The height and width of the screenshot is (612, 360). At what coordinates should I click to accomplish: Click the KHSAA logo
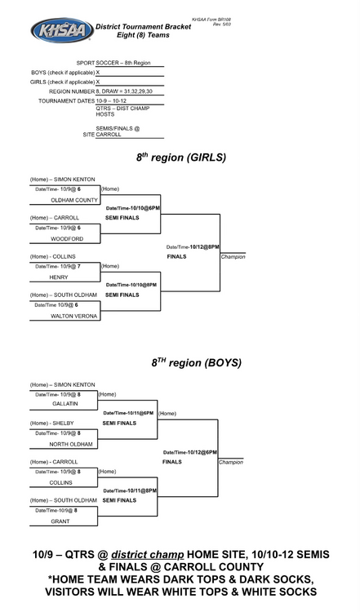[62, 30]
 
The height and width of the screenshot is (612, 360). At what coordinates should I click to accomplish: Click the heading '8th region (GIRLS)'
[181, 157]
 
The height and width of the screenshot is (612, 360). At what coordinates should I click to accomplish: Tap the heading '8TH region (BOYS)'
[197, 362]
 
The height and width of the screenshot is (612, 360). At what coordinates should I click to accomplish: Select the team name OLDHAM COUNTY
[74, 200]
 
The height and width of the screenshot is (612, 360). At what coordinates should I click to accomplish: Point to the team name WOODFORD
[67, 238]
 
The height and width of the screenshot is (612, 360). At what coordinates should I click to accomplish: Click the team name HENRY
[59, 277]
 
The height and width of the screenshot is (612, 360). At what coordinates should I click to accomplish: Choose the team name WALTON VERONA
[73, 316]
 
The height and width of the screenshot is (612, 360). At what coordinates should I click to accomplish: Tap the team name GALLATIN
[64, 404]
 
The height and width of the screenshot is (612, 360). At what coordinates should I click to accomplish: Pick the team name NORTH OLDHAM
[71, 444]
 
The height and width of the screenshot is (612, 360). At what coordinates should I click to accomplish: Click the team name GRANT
[60, 521]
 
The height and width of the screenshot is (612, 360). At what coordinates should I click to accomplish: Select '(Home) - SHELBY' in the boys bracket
[52, 423]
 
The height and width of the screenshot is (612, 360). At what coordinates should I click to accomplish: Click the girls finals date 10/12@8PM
[204, 246]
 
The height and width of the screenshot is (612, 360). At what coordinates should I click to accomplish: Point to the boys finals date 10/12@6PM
[202, 452]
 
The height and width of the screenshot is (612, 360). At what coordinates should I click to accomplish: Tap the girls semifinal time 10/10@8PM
[144, 285]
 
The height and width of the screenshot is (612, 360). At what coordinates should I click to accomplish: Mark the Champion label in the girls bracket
[233, 257]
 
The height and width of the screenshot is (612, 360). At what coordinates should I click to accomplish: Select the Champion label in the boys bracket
[231, 462]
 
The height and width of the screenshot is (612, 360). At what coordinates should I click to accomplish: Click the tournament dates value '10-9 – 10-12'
[111, 100]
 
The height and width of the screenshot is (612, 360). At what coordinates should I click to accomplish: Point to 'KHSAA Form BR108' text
[211, 20]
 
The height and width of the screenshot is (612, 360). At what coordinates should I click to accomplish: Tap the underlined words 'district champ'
[147, 554]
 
